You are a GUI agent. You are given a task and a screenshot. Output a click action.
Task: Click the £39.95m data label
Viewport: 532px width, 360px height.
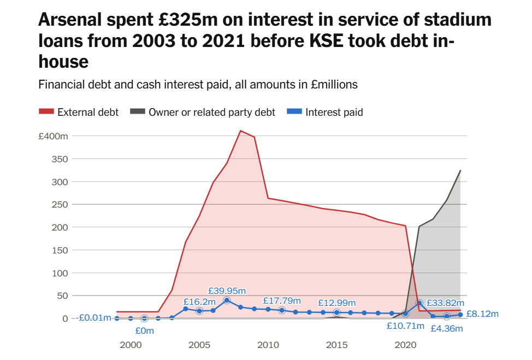point(227,290)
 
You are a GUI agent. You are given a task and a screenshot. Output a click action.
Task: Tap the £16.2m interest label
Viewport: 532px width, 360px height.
point(199,301)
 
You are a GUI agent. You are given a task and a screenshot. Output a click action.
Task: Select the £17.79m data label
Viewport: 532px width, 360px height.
point(282,300)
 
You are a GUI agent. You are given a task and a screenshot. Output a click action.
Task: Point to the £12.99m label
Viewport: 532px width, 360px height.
point(337,303)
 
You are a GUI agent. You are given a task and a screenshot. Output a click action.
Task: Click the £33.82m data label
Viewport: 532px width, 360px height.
point(445,303)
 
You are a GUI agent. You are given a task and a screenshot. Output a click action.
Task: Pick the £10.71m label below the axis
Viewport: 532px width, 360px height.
point(405,326)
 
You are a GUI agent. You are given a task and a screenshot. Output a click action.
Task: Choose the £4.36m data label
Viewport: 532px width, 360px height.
point(447,328)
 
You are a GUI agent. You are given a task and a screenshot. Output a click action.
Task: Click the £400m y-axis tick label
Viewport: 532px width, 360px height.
point(53,136)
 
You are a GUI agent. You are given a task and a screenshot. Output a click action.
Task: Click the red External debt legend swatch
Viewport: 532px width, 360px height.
point(46,112)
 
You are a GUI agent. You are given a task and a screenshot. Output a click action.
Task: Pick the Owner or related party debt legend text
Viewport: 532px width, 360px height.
point(212,112)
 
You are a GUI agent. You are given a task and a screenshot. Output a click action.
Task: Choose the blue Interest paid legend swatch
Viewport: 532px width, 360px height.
point(295,112)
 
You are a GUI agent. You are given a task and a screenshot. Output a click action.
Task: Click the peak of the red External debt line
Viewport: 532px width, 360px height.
point(240,131)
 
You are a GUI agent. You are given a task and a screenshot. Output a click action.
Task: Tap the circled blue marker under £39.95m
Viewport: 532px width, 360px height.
point(227,300)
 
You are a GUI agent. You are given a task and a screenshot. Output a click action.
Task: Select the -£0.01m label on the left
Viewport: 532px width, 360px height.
point(93,318)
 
